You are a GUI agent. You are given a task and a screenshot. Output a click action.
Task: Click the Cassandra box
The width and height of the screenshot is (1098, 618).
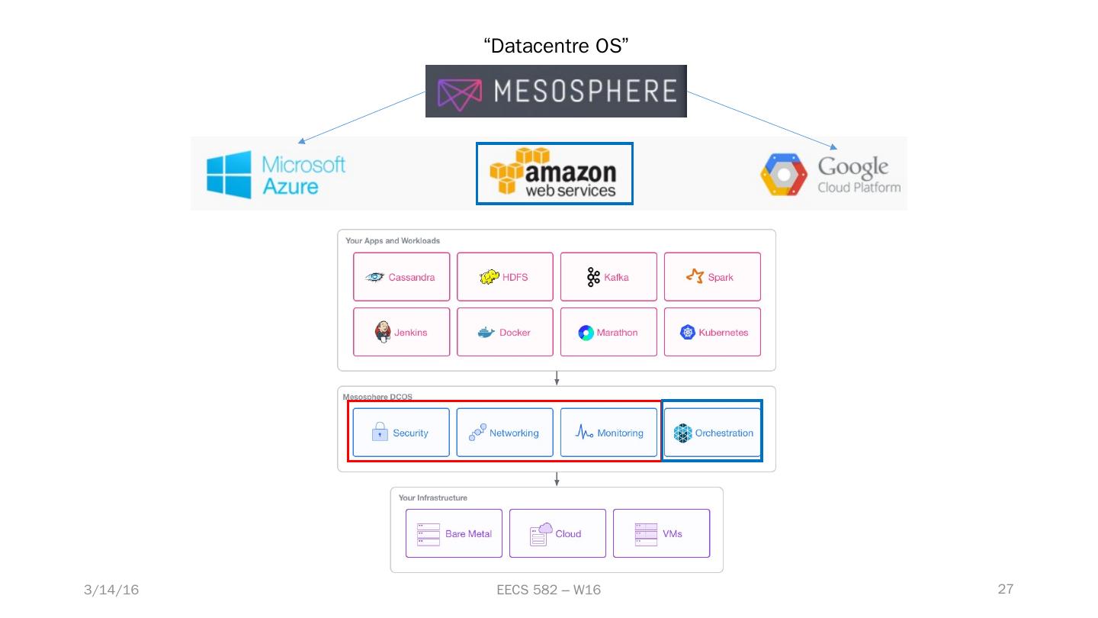click(x=401, y=277)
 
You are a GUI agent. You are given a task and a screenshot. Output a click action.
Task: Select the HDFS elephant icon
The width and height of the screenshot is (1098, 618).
click(x=489, y=277)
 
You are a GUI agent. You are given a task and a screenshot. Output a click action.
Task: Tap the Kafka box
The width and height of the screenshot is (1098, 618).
click(x=608, y=277)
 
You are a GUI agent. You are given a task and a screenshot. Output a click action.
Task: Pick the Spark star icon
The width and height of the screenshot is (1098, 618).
click(x=695, y=276)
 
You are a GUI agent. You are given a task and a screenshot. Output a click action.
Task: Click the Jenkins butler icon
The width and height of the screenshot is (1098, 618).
click(x=383, y=332)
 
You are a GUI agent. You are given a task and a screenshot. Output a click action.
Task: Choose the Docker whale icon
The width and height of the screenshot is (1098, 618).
click(x=486, y=333)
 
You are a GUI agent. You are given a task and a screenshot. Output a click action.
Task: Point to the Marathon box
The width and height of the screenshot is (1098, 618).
click(x=608, y=332)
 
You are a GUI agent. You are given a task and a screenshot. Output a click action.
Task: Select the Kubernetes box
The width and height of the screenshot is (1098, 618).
click(x=712, y=332)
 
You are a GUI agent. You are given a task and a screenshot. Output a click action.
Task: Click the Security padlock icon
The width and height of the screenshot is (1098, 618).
click(x=380, y=433)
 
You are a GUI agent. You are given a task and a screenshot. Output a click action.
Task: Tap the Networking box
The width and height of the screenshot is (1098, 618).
click(x=505, y=433)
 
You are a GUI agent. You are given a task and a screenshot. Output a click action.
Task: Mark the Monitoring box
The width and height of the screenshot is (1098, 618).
click(x=608, y=433)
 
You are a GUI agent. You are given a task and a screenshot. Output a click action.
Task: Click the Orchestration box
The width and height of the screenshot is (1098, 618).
click(x=712, y=433)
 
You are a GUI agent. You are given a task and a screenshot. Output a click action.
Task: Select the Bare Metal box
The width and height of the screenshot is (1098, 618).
click(x=454, y=533)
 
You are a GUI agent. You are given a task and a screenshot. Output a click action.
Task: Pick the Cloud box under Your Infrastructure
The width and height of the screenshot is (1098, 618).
click(x=557, y=533)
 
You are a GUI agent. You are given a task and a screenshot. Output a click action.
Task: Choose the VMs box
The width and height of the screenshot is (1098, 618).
click(x=661, y=533)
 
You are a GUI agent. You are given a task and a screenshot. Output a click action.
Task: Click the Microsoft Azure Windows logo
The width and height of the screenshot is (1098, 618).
click(x=229, y=174)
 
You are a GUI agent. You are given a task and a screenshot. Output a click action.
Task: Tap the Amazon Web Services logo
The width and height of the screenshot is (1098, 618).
click(x=554, y=173)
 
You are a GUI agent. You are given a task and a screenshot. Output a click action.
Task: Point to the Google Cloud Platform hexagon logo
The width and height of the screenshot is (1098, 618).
click(x=783, y=175)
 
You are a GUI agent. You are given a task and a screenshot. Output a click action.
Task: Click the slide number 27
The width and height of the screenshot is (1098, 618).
click(x=1006, y=589)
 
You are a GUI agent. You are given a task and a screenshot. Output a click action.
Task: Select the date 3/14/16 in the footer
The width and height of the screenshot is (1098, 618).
click(x=111, y=590)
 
